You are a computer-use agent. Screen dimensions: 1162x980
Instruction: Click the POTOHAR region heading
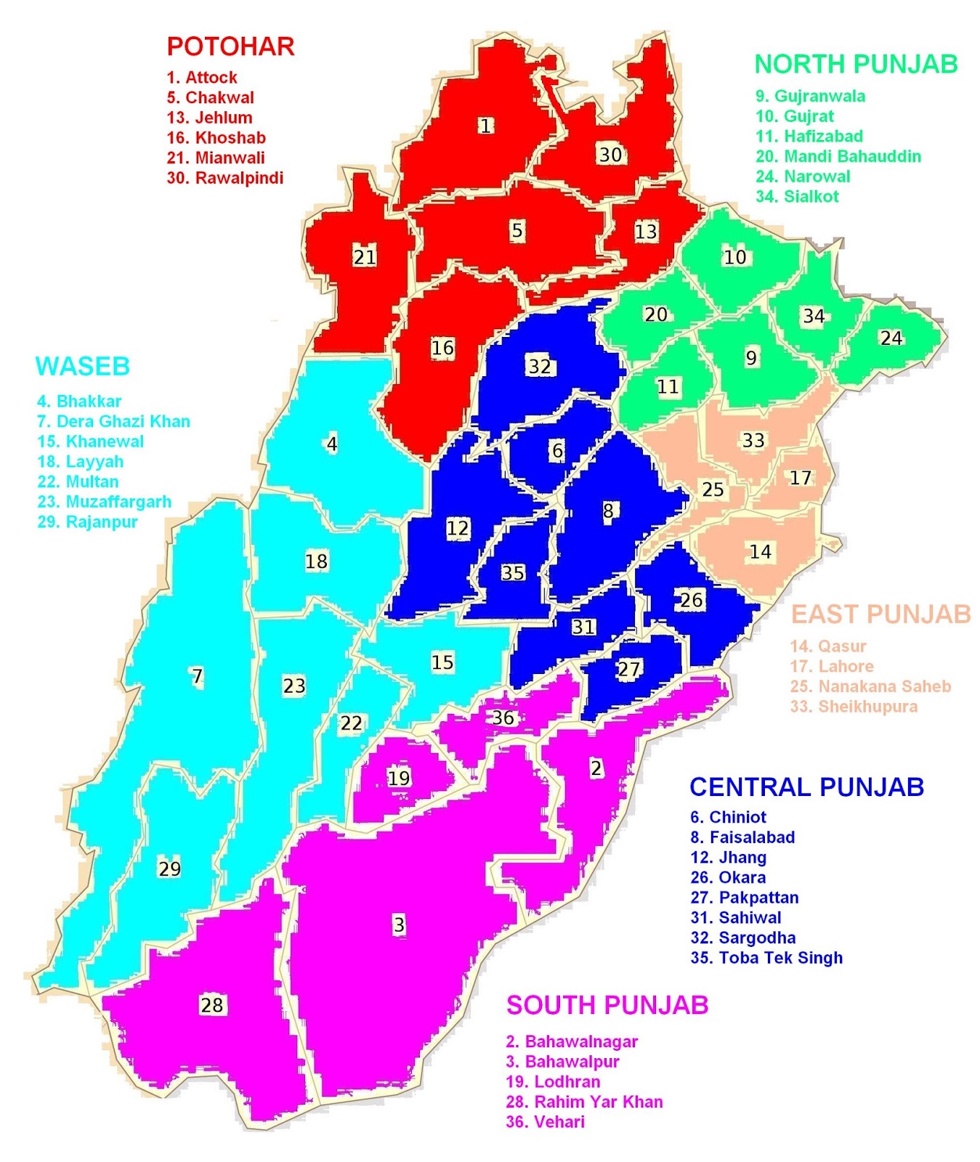coord(230,46)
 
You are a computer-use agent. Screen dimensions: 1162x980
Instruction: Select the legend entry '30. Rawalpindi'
coord(224,178)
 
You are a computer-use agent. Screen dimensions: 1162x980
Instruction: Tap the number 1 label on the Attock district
coord(485,126)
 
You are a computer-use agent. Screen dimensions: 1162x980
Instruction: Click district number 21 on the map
coord(365,256)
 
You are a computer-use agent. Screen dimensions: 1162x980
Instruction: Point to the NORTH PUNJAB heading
coord(856,65)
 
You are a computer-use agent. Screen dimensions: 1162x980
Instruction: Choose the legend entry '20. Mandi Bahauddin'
coord(838,156)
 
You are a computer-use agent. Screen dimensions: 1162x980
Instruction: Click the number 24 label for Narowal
coord(891,338)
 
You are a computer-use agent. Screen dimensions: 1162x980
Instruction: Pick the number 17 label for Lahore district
coord(800,478)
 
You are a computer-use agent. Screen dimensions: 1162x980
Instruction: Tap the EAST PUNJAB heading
coord(880,614)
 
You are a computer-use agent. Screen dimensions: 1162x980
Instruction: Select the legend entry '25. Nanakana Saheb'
coord(870,686)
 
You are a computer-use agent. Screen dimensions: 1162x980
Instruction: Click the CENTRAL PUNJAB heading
coord(806,787)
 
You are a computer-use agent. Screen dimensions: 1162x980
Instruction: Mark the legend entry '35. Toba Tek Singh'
coord(766,957)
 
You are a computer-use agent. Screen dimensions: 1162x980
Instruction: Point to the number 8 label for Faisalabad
coord(608,511)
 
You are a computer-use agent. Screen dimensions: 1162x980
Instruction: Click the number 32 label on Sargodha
coord(539,366)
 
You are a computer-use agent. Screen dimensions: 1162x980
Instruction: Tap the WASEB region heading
coord(83,367)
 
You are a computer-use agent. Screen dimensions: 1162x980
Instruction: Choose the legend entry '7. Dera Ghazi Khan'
coord(113,421)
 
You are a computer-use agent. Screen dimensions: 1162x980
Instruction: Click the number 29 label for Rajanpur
coord(169,869)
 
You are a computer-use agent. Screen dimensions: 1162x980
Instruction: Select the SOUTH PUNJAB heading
coord(607,1005)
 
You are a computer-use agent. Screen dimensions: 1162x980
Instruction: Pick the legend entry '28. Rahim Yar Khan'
coord(584,1102)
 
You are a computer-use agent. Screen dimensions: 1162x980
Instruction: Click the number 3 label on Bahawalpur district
coord(399,925)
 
